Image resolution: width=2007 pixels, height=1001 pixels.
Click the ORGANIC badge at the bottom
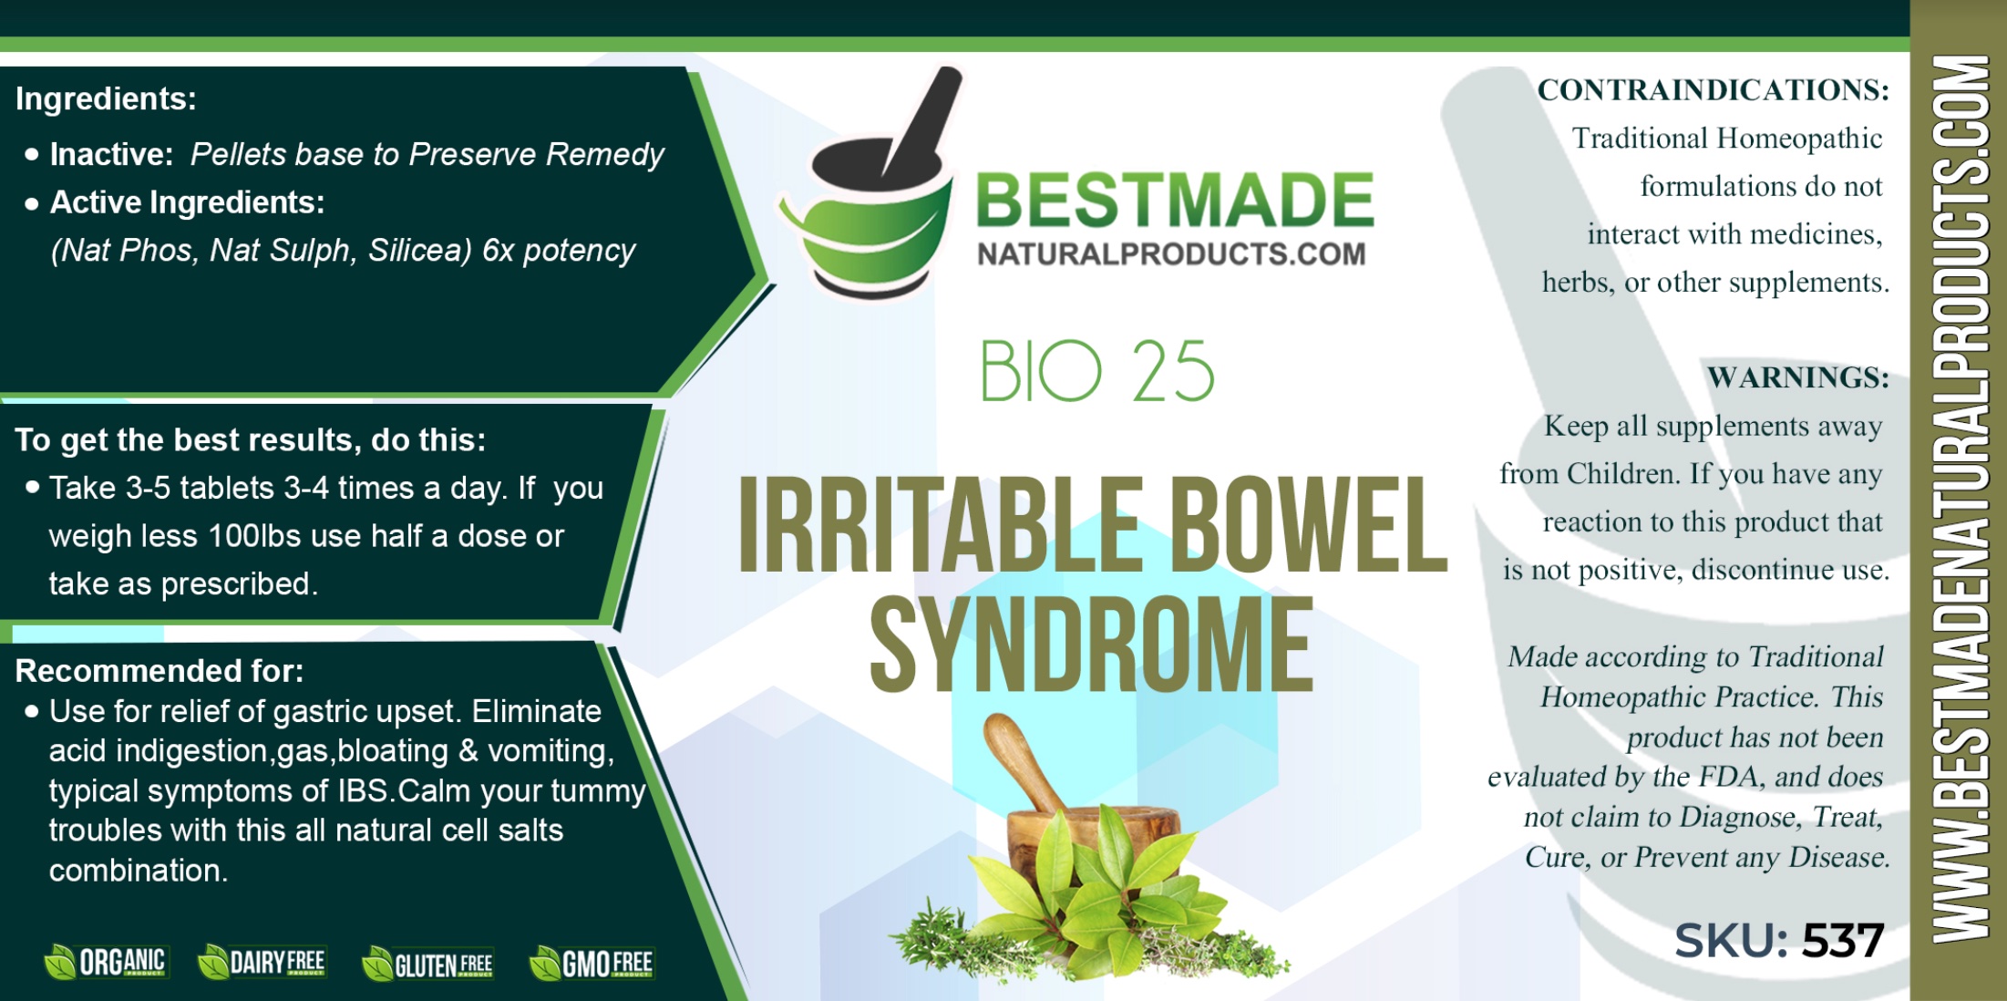[105, 962]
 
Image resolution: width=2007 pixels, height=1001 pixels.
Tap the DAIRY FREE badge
[262, 962]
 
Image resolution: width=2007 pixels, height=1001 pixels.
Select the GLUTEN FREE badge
[427, 964]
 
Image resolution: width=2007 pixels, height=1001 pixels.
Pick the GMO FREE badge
[592, 964]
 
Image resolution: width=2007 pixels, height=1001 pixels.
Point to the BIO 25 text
[1097, 371]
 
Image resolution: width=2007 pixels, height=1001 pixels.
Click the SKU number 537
[1842, 940]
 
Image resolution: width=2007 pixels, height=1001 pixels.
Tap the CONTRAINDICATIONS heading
[1713, 89]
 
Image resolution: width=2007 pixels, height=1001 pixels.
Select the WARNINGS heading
[1797, 377]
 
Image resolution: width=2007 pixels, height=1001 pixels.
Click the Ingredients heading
[106, 98]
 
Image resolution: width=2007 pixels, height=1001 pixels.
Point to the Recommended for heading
[160, 671]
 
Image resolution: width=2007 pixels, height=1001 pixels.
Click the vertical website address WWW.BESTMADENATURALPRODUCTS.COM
[1960, 499]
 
